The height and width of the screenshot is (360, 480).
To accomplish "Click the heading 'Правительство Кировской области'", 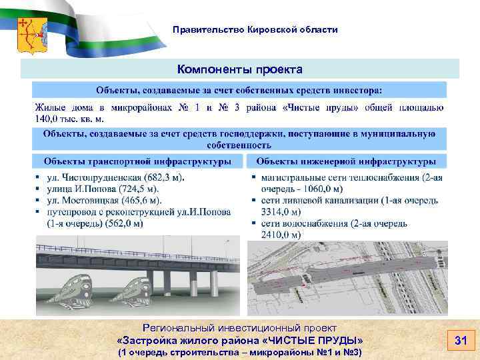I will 255,30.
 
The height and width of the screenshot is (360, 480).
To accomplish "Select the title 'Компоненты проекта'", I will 239,69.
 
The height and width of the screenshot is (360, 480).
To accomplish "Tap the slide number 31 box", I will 460,341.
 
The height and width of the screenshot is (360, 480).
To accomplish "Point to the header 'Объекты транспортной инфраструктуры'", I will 138,161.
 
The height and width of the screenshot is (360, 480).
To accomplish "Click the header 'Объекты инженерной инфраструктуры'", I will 346,161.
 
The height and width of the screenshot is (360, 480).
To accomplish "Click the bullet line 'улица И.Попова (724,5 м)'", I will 105,189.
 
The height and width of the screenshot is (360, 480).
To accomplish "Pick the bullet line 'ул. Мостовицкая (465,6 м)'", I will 105,200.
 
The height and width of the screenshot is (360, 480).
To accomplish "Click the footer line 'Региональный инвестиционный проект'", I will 239,328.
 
